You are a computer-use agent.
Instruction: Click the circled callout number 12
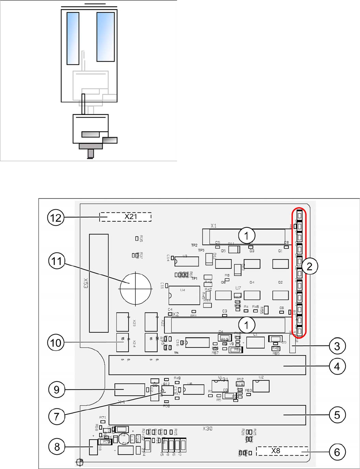[x=56, y=217]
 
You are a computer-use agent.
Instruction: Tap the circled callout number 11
[x=57, y=261]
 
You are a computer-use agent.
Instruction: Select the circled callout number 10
[x=56, y=343]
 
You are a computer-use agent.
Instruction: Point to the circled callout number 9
[x=57, y=390]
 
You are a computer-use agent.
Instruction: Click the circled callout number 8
[x=57, y=447]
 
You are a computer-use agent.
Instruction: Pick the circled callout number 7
[x=57, y=416]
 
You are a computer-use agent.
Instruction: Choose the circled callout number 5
[x=337, y=415]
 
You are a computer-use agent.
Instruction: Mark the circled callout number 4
[x=337, y=366]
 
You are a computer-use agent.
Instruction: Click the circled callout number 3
[x=337, y=346]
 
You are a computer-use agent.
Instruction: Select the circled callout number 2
[x=309, y=266]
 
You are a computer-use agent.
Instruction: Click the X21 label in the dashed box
[x=130, y=216]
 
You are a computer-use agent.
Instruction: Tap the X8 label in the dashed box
[x=276, y=451]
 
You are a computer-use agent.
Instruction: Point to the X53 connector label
[x=85, y=283]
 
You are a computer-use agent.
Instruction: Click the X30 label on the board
[x=208, y=429]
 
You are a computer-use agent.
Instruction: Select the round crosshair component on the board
[x=136, y=289]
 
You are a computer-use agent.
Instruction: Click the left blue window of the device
[x=73, y=38]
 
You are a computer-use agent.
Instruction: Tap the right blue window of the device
[x=106, y=37]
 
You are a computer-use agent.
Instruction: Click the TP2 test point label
[x=194, y=245]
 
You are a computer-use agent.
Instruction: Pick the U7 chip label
[x=238, y=288]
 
